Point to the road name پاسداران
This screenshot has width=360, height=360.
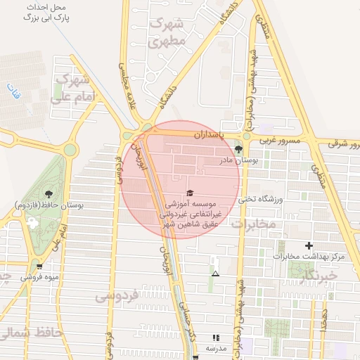click(x=210, y=134)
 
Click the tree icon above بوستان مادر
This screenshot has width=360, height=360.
click(x=239, y=148)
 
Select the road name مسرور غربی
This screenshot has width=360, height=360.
click(x=281, y=141)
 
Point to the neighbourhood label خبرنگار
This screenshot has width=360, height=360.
click(x=319, y=276)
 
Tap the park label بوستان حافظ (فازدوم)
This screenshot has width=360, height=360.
click(x=49, y=205)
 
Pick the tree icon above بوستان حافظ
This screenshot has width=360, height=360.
click(x=49, y=193)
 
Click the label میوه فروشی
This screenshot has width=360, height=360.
click(x=39, y=277)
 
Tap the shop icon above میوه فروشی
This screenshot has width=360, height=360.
click(x=39, y=266)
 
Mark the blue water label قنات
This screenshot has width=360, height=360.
click(x=13, y=91)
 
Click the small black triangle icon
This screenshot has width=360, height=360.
click(x=215, y=273)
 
